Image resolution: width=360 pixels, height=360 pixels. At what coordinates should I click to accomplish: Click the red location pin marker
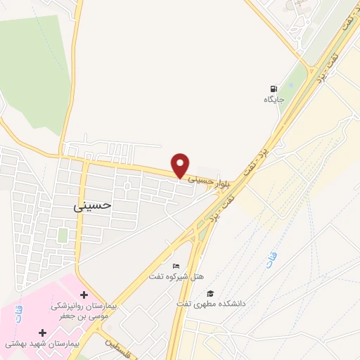click(181, 165)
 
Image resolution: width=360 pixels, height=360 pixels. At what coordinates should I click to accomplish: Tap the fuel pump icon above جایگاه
click(272, 89)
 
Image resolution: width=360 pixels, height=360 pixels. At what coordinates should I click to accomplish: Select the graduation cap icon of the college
click(210, 293)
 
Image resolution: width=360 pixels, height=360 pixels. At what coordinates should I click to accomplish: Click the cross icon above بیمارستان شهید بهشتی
click(43, 332)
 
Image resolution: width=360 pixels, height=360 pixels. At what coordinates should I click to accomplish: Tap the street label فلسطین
click(117, 347)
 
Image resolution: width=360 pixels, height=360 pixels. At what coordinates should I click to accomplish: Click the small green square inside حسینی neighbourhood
click(63, 234)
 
